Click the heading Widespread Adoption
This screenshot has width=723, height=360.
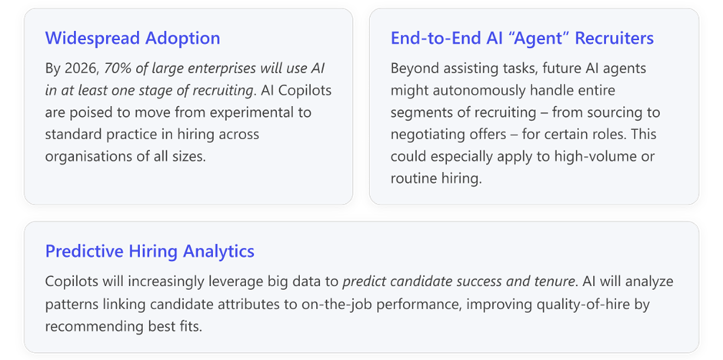coord(132,38)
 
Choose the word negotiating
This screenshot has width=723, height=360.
coord(432,135)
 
